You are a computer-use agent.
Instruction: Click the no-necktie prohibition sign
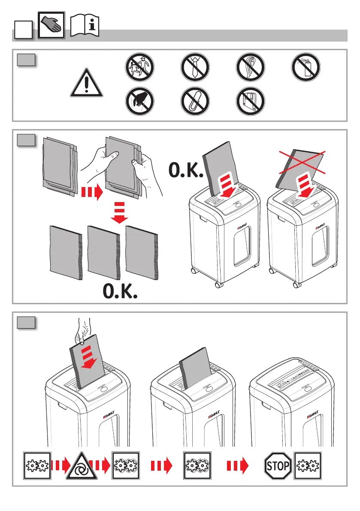click(x=195, y=69)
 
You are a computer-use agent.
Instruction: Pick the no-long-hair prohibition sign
click(x=251, y=69)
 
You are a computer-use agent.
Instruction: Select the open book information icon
click(x=85, y=27)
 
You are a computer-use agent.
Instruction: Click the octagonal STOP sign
click(x=278, y=465)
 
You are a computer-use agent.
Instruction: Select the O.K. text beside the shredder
click(x=185, y=171)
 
